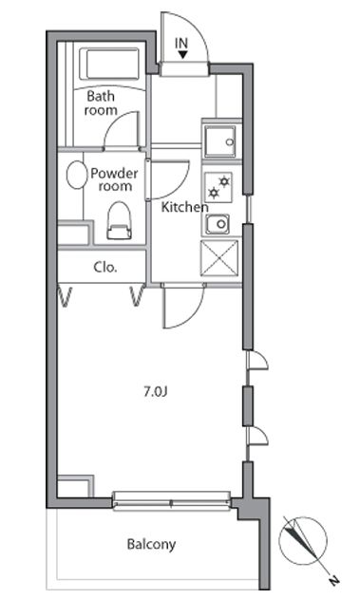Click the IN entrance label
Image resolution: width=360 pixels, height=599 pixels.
coord(181,43)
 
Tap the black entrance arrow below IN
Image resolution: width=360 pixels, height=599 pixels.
coord(182,55)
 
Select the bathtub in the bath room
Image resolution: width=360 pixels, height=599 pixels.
coord(111,64)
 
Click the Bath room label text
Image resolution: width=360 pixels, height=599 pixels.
coord(101,103)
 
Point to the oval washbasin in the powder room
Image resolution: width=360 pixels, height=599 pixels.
coord(76,175)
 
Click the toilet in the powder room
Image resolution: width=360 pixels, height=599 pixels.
coord(119,220)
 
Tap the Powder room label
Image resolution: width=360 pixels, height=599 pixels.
coord(114,179)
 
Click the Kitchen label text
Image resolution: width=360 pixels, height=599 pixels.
coord(184,207)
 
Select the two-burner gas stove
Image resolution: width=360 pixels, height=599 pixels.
coord(218,187)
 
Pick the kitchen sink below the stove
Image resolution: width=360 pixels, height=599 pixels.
coord(218,223)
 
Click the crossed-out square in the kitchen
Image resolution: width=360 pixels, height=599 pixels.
coord(219,257)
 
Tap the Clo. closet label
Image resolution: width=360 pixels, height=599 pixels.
coord(105,267)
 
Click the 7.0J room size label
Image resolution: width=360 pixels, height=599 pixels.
coord(155,391)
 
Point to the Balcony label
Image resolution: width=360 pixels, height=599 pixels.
coord(151,544)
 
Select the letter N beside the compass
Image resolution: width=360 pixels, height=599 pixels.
coord(334,581)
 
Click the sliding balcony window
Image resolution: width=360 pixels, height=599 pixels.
coord(172,501)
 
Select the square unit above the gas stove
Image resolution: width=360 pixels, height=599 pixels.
coord(219,141)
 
